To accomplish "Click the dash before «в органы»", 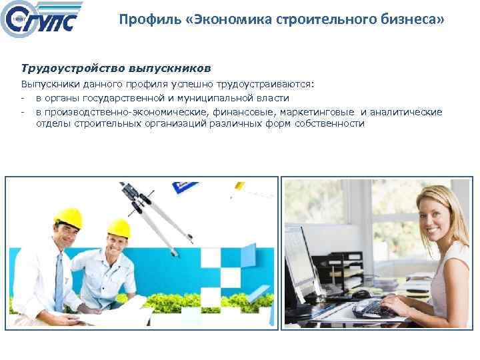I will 23,98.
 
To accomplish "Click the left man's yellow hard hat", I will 67,217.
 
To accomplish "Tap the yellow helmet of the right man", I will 119,229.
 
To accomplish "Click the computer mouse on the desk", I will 361,294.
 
